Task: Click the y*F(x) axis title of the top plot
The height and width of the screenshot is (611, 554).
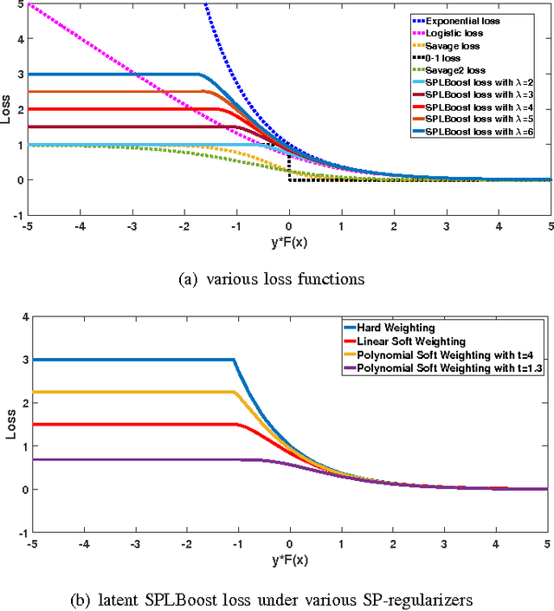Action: pyautogui.click(x=289, y=241)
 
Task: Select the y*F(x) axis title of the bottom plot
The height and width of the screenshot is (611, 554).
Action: pyautogui.click(x=289, y=558)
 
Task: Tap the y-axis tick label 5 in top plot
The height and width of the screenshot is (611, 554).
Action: pyautogui.click(x=19, y=6)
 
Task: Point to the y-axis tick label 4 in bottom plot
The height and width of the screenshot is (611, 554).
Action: pyautogui.click(x=19, y=317)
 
